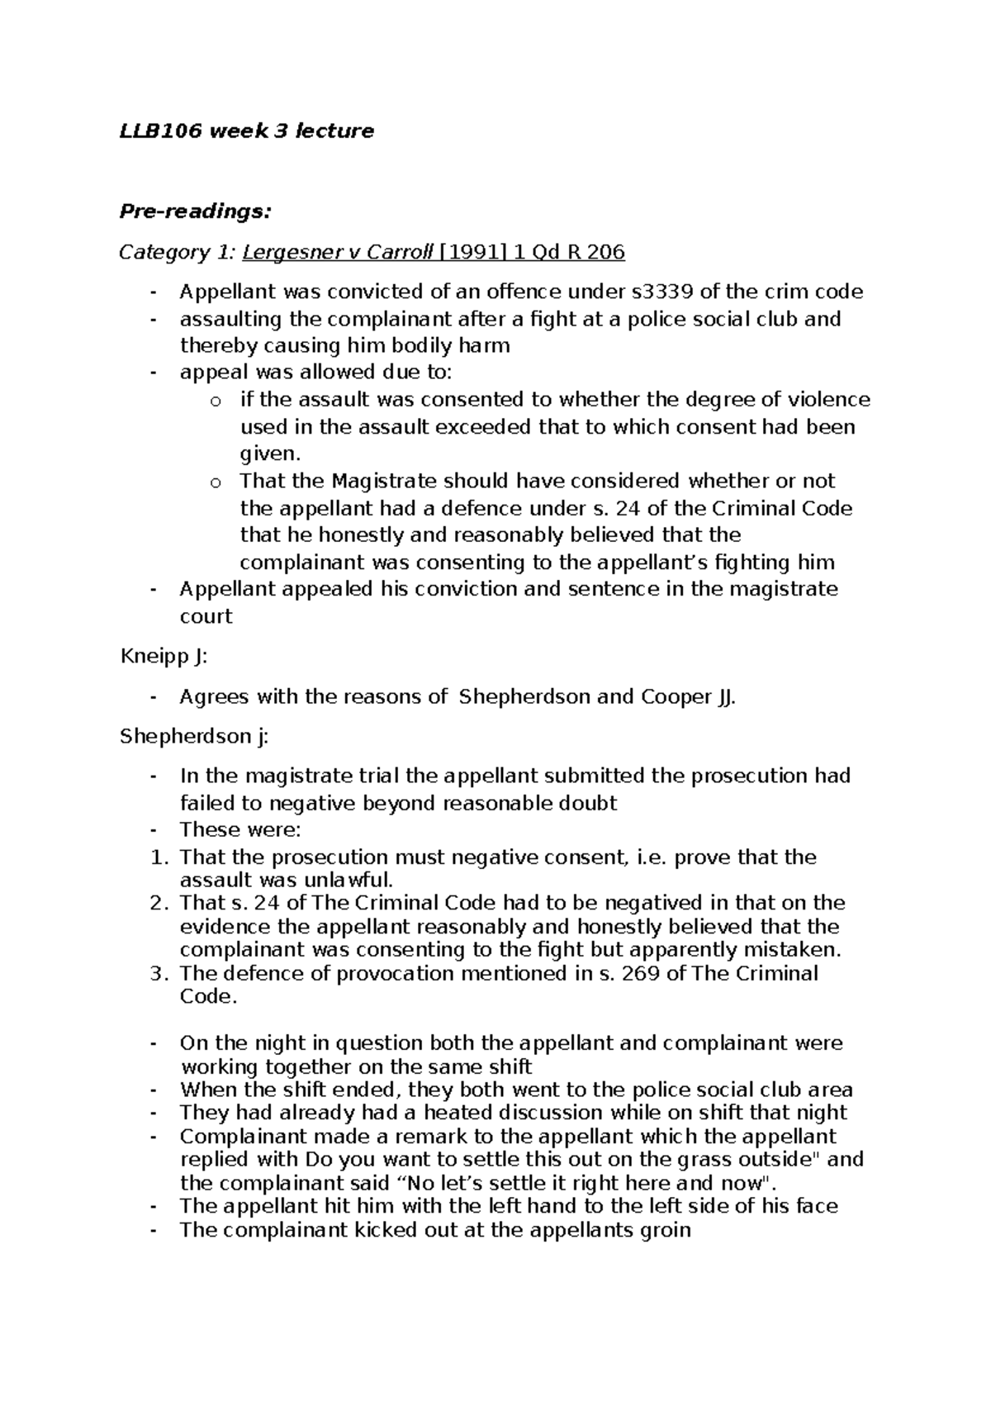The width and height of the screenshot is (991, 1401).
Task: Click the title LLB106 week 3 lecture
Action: pyautogui.click(x=246, y=131)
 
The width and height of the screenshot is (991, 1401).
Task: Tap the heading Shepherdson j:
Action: pyautogui.click(x=194, y=736)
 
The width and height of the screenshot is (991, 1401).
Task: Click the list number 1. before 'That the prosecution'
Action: pyautogui.click(x=160, y=857)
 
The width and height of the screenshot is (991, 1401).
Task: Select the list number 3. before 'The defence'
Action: pyautogui.click(x=160, y=973)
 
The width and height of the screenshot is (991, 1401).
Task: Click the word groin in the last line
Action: pyautogui.click(x=665, y=1230)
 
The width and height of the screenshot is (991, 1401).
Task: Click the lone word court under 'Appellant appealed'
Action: pyautogui.click(x=206, y=616)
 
